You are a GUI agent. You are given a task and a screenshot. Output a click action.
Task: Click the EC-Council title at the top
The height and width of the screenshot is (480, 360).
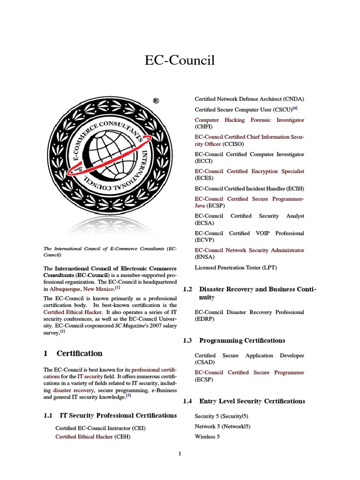[180, 60]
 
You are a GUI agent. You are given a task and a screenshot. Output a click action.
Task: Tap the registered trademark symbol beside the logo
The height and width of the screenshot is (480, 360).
[156, 101]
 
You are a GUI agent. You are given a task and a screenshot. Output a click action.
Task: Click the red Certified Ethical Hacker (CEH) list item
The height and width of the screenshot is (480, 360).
[92, 436]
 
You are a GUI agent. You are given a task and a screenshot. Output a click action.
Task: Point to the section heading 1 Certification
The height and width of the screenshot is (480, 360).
[73, 353]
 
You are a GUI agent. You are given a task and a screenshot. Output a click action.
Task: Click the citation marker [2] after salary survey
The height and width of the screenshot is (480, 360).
[62, 331]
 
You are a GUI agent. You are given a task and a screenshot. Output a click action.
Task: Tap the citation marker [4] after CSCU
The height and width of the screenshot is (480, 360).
[295, 109]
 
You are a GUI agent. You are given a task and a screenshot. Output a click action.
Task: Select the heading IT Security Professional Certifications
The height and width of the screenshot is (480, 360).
[118, 415]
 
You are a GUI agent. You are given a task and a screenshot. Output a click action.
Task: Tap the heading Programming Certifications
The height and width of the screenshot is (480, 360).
[242, 340]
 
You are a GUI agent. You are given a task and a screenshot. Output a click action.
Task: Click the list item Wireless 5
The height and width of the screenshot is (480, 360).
[207, 436]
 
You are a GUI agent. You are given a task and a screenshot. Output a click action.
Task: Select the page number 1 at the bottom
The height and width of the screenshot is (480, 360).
[180, 453]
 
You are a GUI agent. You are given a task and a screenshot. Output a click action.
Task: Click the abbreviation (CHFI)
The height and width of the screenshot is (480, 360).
[203, 127]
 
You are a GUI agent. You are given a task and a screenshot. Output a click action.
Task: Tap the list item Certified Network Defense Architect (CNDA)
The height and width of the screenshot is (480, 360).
[249, 99]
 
